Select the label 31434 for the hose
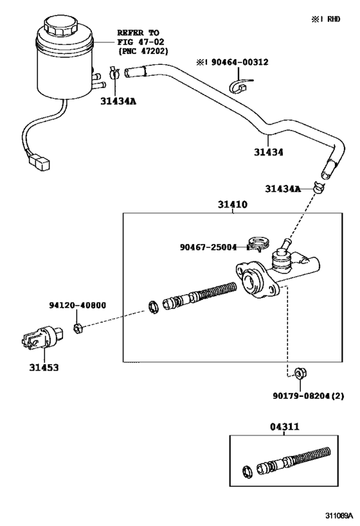[269, 153]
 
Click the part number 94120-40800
[77, 306]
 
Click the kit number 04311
[283, 426]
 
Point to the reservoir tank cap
[61, 30]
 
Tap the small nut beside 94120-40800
[76, 329]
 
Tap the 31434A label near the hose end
[283, 189]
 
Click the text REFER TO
[138, 32]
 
